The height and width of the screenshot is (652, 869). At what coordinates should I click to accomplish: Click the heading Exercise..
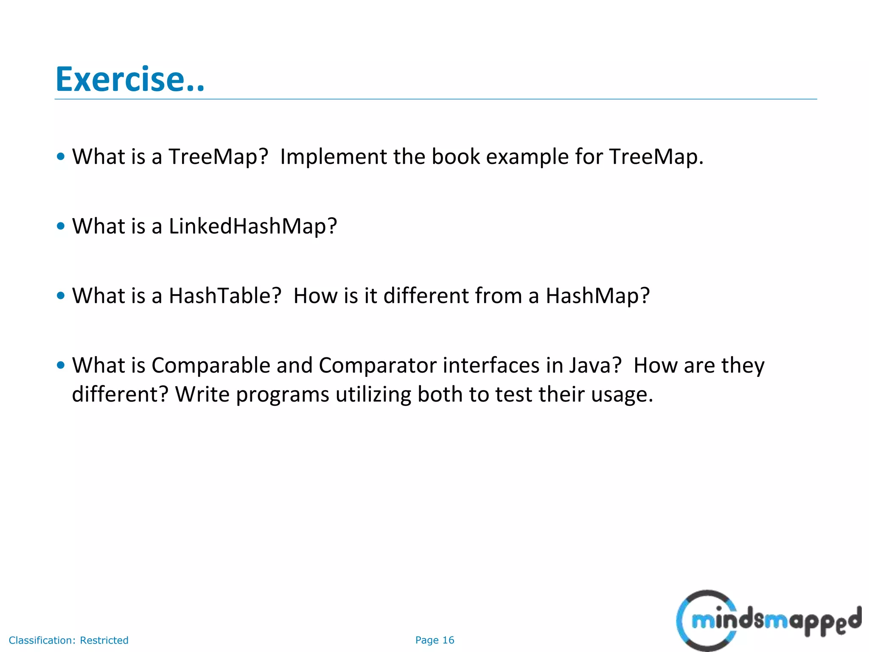pyautogui.click(x=130, y=79)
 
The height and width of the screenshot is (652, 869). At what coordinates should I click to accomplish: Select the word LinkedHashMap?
pyautogui.click(x=253, y=226)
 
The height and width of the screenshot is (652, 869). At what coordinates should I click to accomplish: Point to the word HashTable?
pyautogui.click(x=225, y=296)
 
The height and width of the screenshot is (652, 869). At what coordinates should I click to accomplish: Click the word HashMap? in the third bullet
pyautogui.click(x=597, y=296)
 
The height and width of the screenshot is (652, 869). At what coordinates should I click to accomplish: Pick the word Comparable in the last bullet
pyautogui.click(x=210, y=365)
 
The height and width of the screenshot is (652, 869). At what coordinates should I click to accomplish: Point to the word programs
pyautogui.click(x=282, y=395)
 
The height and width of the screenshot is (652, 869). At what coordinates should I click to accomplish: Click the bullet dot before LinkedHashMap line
pyautogui.click(x=61, y=226)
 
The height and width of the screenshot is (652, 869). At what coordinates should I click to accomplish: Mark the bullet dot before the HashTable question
pyautogui.click(x=61, y=296)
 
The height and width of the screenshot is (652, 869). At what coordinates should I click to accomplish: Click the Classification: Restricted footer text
pyautogui.click(x=68, y=640)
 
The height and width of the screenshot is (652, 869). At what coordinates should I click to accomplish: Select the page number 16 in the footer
pyautogui.click(x=448, y=640)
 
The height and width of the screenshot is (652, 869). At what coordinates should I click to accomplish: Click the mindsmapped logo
pyautogui.click(x=768, y=621)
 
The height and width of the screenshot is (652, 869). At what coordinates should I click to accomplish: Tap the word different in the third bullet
pyautogui.click(x=426, y=296)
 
